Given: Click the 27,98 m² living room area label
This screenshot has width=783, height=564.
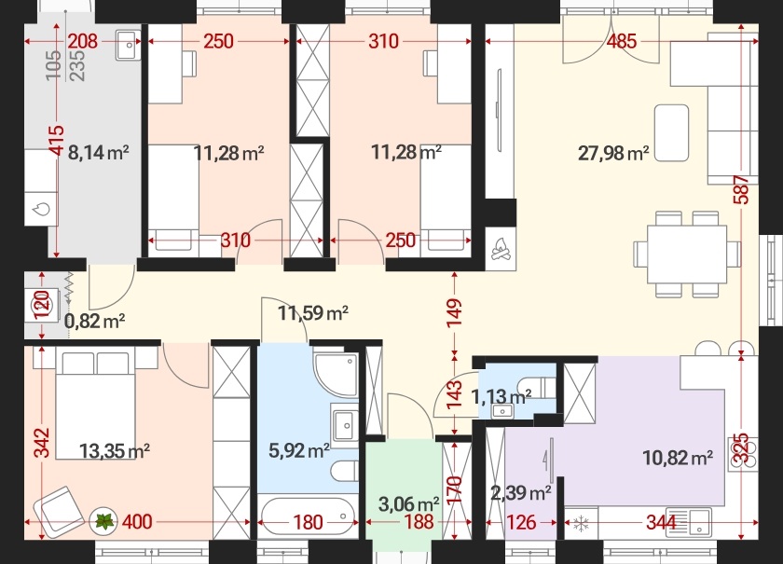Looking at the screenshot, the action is pos(613,153).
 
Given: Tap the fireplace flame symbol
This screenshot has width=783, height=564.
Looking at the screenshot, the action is pos(501,248).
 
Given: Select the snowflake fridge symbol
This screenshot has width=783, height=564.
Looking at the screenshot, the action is pos(580,524).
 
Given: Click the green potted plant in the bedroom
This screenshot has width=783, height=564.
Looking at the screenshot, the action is pos(104,521).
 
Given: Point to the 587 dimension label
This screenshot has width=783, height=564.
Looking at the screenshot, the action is pos(742,189).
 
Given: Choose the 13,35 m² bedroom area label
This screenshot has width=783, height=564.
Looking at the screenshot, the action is pos(115,451).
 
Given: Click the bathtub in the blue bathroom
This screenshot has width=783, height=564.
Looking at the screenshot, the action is pos(309,516).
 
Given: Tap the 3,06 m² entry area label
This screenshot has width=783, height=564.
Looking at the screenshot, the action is pos(409,503).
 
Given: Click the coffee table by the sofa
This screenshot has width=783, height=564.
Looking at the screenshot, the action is pos(672,132).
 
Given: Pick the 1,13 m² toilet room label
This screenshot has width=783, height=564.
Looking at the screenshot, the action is pos(501,396).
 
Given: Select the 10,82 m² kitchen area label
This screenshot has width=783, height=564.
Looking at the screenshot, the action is pos(678,457).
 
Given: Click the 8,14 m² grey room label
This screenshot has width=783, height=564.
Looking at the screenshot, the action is pos(99,152).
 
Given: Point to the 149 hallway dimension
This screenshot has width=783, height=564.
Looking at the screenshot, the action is pos(455,312).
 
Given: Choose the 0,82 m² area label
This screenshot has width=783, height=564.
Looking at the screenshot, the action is pos(94,321).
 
